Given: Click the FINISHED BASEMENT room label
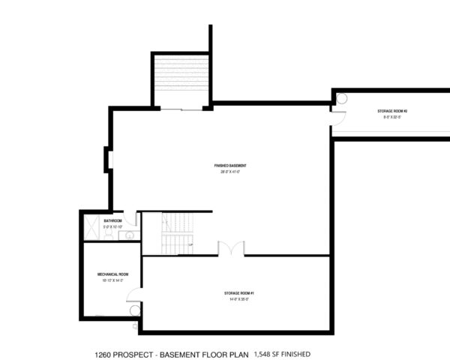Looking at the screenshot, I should pyautogui.click(x=230, y=165).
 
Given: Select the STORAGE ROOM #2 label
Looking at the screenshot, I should pyautogui.click(x=391, y=111).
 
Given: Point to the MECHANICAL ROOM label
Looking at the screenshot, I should pyautogui.click(x=112, y=274).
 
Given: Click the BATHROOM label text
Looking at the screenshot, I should pyautogui.click(x=113, y=220).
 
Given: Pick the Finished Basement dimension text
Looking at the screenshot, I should pyautogui.click(x=230, y=172).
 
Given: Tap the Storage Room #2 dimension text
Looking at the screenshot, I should pyautogui.click(x=391, y=118).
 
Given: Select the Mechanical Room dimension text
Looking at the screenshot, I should pyautogui.click(x=112, y=281).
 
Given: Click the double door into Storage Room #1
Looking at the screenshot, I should pyautogui.click(x=231, y=248).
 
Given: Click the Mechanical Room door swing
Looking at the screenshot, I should pyautogui.click(x=135, y=309).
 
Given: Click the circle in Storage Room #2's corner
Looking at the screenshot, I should pyautogui.click(x=341, y=97).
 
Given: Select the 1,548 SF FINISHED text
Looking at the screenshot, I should pyautogui.click(x=282, y=353).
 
